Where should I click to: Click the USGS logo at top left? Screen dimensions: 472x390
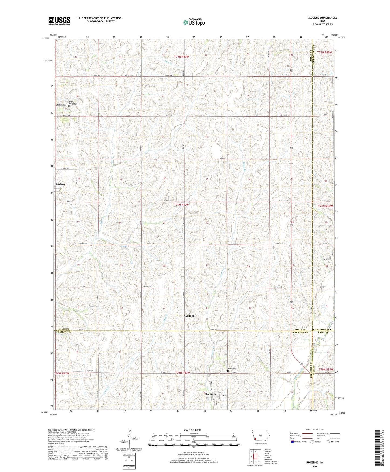point(59,21)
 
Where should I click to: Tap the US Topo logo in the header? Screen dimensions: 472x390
point(194,22)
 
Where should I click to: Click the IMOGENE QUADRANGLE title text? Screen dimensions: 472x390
point(322,18)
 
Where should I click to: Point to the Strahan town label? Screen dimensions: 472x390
point(60,184)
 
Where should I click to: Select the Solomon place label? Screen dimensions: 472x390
point(189,316)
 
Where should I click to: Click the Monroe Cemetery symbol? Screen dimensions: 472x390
point(228,371)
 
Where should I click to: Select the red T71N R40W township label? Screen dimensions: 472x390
point(181,205)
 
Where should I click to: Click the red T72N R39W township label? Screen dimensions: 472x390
point(325,52)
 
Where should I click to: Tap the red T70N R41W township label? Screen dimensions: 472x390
point(62,373)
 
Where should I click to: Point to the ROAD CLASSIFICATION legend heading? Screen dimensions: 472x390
point(315,430)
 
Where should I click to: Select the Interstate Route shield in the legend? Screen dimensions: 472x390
point(293,442)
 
